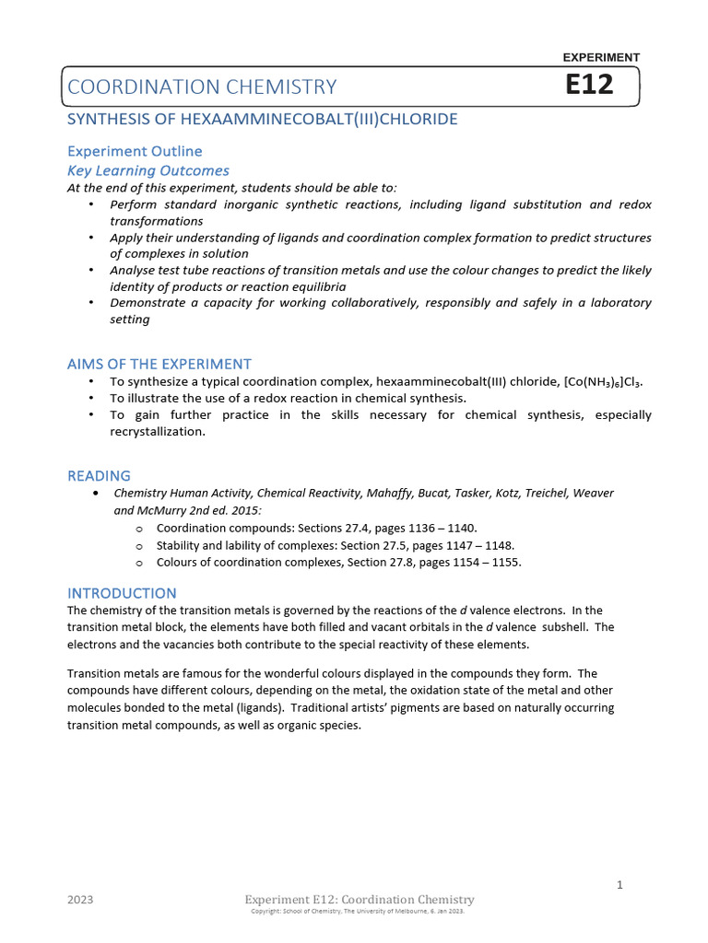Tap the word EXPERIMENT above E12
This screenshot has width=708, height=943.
click(600, 57)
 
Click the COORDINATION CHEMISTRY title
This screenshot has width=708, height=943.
click(202, 87)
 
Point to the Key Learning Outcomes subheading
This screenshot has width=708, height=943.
click(148, 170)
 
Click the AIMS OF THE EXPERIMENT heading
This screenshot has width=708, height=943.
click(159, 364)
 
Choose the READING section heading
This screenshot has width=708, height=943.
click(100, 476)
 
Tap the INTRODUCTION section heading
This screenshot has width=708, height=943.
click(122, 593)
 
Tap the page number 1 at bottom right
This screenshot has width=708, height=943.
click(620, 885)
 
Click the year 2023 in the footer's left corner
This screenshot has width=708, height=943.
click(80, 900)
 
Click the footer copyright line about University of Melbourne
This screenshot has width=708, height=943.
click(358, 911)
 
